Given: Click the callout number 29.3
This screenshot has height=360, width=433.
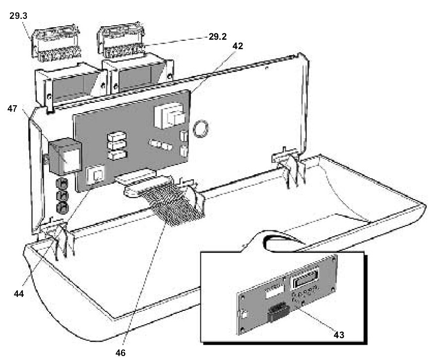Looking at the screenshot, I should click(18, 16).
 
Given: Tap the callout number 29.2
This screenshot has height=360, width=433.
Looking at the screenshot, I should click(217, 36).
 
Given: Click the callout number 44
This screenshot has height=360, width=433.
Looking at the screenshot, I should click(19, 293).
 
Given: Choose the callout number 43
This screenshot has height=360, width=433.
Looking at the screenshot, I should click(339, 335).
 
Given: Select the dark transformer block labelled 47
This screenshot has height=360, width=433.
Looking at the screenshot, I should click(64, 156).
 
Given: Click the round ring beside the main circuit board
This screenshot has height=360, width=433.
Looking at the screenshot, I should click(201, 129).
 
